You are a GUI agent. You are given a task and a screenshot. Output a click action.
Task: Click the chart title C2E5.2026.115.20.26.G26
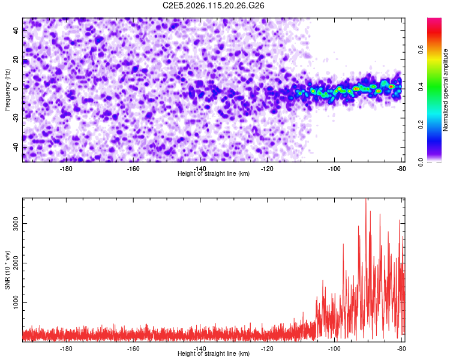(214, 5)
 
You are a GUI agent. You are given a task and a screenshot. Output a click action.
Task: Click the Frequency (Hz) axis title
(7, 89)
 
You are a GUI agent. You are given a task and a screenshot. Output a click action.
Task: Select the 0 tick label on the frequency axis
(16, 89)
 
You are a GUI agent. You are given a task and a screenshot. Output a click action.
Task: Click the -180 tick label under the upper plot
(66, 168)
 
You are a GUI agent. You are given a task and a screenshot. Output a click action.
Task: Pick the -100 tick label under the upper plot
(334, 168)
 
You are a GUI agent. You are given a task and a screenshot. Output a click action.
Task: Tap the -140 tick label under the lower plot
(200, 348)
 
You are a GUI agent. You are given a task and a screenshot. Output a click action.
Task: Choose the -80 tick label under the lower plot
(401, 348)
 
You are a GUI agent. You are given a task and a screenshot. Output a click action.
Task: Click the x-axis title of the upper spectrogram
(214, 174)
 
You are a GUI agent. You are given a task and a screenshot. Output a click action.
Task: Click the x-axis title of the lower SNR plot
(214, 354)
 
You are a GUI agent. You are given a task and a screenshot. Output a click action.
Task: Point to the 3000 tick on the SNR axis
(16, 223)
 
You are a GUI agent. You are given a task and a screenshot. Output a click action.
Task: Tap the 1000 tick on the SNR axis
(16, 303)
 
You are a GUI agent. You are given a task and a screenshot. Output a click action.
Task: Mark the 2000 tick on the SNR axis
(16, 263)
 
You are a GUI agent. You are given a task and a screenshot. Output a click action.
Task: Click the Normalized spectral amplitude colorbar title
(446, 89)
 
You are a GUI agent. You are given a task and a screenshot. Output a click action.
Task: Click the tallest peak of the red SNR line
(365, 200)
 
